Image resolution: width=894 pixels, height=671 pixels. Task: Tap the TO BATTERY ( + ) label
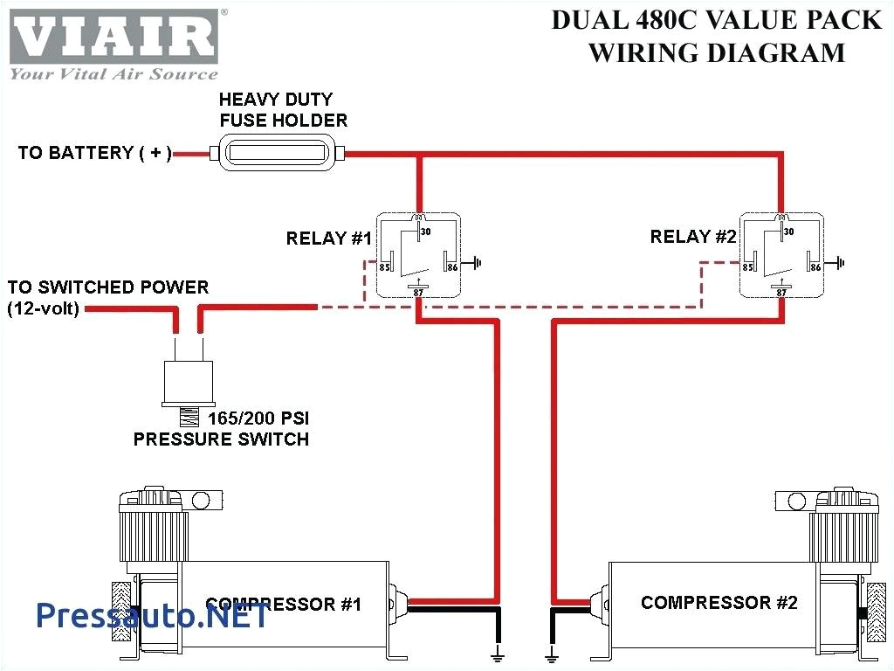coord(94,153)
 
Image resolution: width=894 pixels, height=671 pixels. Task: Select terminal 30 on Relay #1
coord(425,232)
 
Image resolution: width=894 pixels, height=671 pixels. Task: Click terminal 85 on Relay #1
coord(383,266)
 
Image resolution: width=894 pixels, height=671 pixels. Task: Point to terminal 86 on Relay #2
coord(815,266)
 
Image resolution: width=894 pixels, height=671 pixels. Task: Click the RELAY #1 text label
coord(329,239)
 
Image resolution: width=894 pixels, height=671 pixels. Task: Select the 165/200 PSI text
coord(258,419)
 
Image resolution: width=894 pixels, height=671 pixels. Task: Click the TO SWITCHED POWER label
coord(108,287)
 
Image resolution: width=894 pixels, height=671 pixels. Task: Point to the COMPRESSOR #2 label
coord(719,603)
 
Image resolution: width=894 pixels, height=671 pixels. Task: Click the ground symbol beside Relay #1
coord(477,261)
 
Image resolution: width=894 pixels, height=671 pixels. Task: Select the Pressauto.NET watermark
coord(153,616)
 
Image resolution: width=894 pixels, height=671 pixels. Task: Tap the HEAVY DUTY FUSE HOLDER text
coord(283,110)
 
